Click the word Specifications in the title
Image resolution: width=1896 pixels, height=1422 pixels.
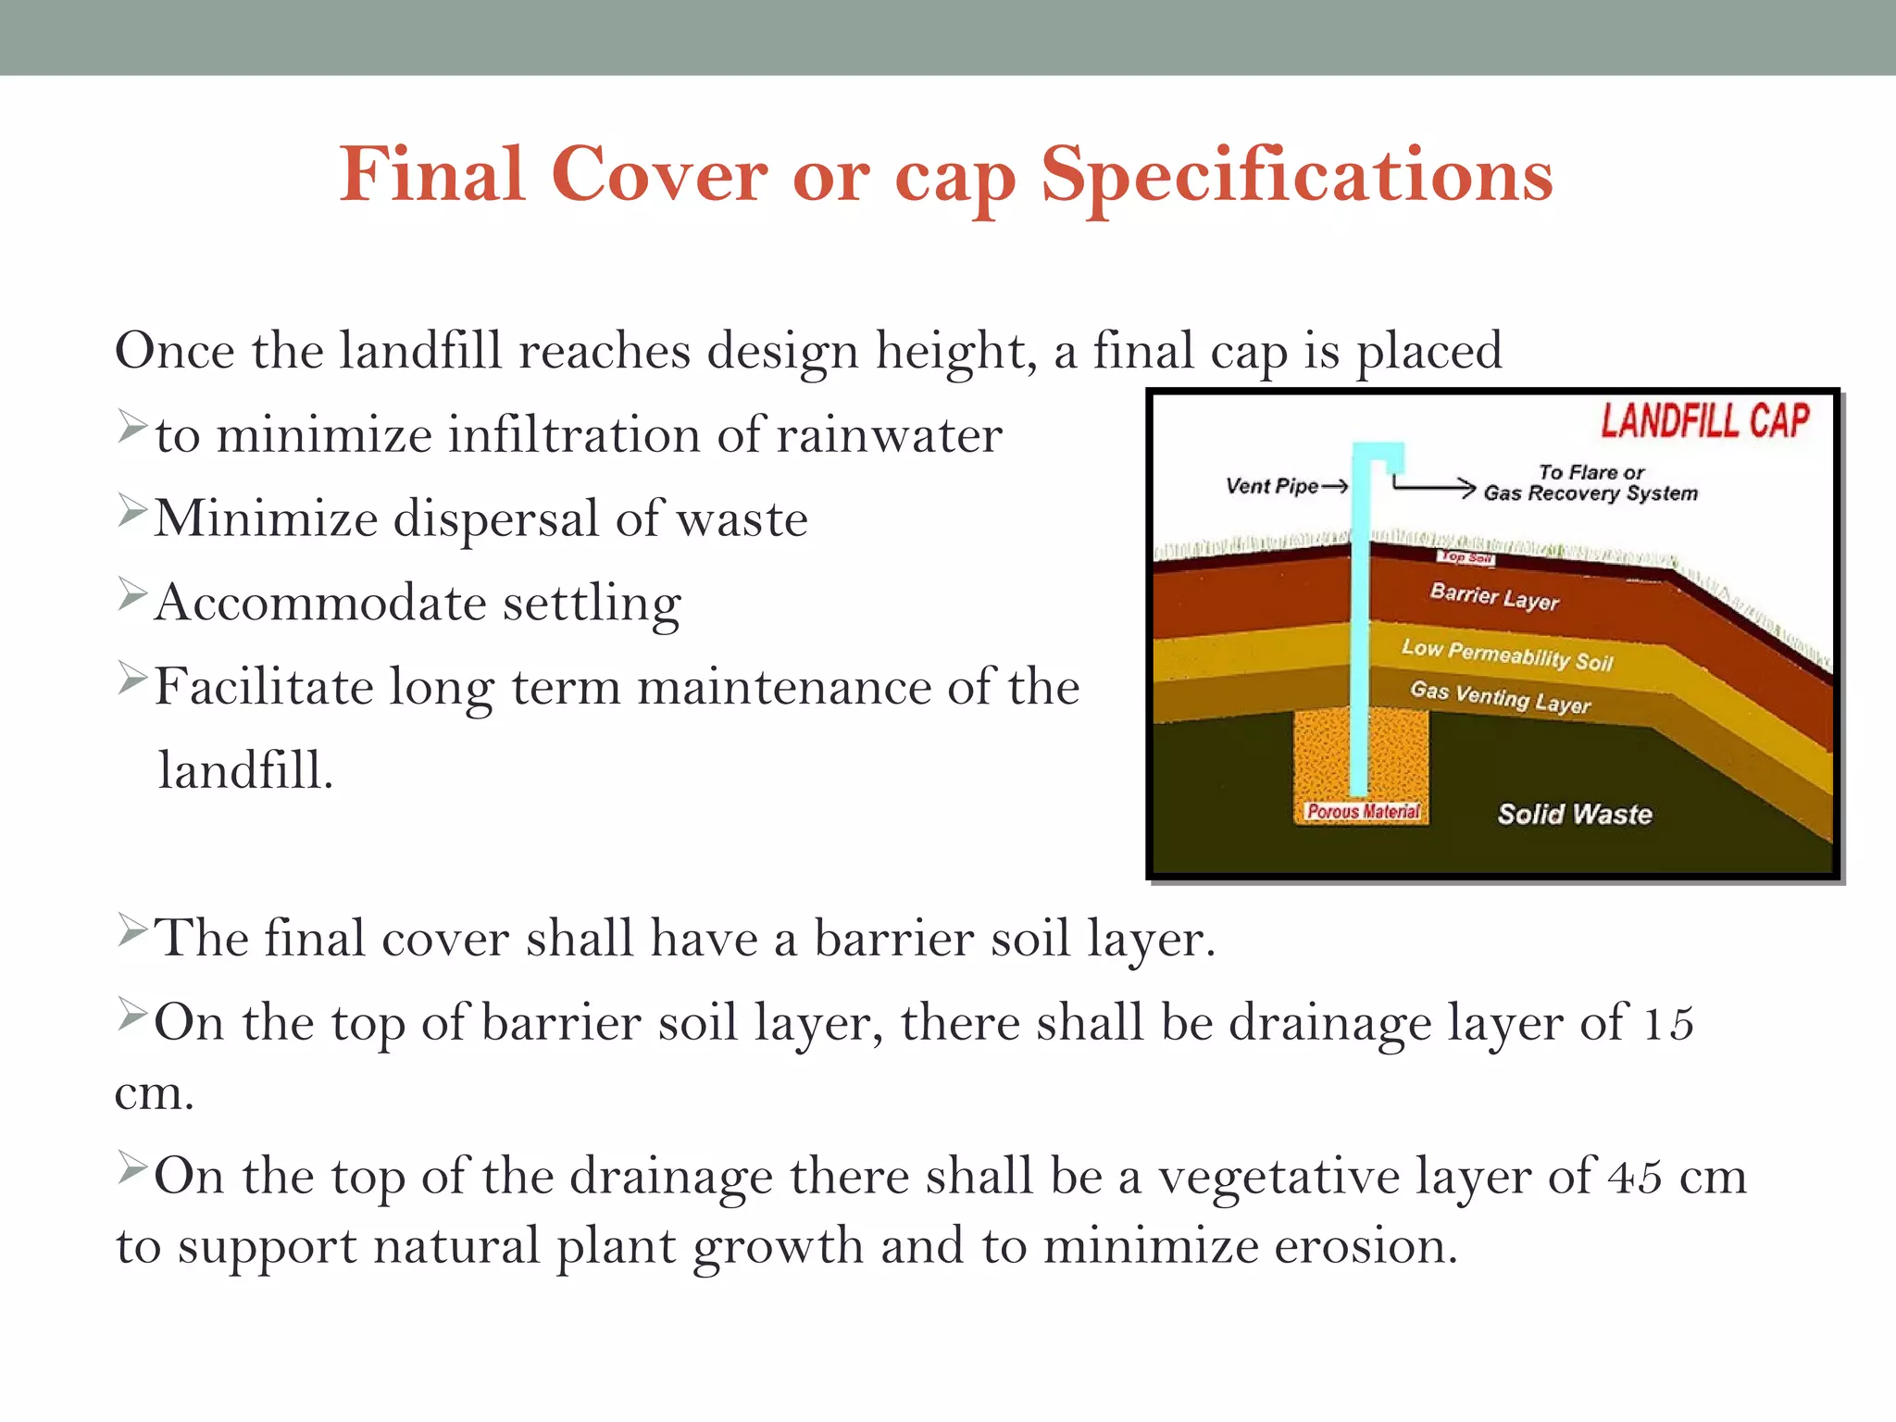(1296, 176)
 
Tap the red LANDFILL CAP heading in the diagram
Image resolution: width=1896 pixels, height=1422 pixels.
(1704, 421)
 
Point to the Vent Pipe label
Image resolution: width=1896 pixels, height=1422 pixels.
(1271, 486)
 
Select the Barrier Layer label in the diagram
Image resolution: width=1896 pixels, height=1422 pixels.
(1494, 597)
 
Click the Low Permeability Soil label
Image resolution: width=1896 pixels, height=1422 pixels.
(1507, 655)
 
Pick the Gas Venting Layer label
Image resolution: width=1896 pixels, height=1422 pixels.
(1500, 697)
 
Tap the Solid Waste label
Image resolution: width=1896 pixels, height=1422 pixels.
(1574, 814)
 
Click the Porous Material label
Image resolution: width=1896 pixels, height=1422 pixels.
(1362, 812)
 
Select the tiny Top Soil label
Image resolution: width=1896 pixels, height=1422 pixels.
(1466, 557)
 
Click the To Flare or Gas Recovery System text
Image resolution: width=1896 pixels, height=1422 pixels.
(1590, 483)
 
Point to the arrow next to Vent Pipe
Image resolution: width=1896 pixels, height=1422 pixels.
(1335, 486)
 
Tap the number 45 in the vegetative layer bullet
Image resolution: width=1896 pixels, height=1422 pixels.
(1634, 1178)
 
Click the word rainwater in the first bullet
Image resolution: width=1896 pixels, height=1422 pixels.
(889, 435)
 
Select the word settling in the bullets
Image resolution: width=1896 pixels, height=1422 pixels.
(592, 604)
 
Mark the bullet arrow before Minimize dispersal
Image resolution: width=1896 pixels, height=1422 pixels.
(132, 511)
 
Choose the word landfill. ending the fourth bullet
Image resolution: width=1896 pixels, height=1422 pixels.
(245, 771)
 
